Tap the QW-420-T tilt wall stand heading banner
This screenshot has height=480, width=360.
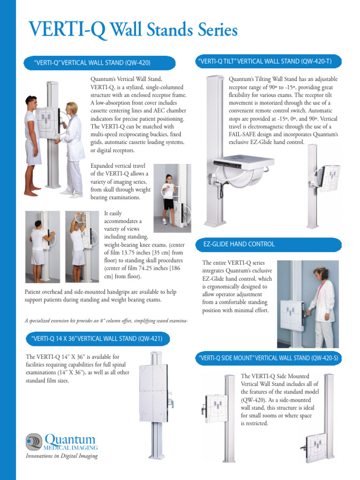pos(268,61)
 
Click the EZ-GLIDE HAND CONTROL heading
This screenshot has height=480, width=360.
pos(239,244)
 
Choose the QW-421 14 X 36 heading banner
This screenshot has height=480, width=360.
pos(97,338)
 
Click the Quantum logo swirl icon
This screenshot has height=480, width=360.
pos(34,442)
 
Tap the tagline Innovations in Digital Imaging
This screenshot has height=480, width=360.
pos(61,456)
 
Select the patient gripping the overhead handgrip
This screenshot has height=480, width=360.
pos(78,244)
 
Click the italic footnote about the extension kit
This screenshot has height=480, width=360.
pos(106,321)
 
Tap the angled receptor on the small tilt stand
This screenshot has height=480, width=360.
pos(330,178)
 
